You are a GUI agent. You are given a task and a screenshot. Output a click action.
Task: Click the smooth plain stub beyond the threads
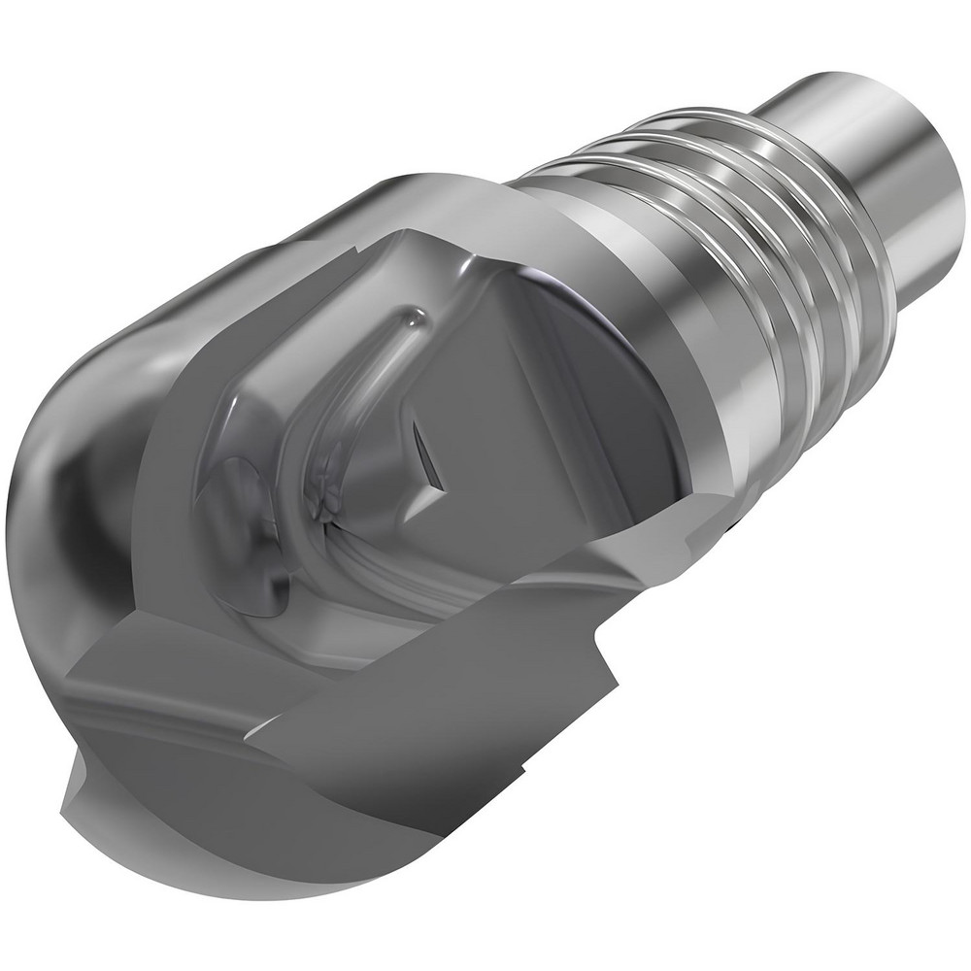(854, 146)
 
